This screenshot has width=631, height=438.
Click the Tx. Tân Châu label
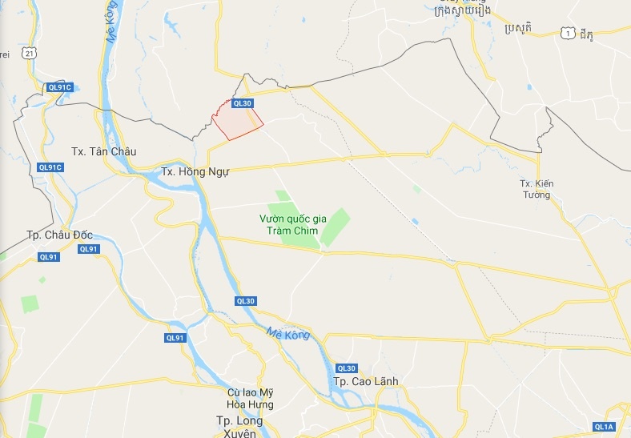(x=104, y=151)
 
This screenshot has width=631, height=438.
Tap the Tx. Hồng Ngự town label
(x=195, y=171)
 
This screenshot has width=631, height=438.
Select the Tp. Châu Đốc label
(x=60, y=235)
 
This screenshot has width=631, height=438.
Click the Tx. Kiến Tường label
(x=536, y=189)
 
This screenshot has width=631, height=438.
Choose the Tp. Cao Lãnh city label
(x=365, y=381)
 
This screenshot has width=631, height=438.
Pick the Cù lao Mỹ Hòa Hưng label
(x=251, y=398)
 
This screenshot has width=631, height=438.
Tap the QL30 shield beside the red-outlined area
(x=242, y=102)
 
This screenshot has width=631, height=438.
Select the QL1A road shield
(x=604, y=426)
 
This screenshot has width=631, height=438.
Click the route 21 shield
(x=29, y=52)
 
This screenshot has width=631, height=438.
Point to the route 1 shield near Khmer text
(x=569, y=32)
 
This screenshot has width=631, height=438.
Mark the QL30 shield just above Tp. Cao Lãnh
(x=346, y=367)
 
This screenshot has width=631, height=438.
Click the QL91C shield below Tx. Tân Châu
(x=50, y=167)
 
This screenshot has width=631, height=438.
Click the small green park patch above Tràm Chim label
(x=282, y=195)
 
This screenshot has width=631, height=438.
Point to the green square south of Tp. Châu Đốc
(x=30, y=304)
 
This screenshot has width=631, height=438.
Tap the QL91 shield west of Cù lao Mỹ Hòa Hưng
(x=175, y=338)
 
